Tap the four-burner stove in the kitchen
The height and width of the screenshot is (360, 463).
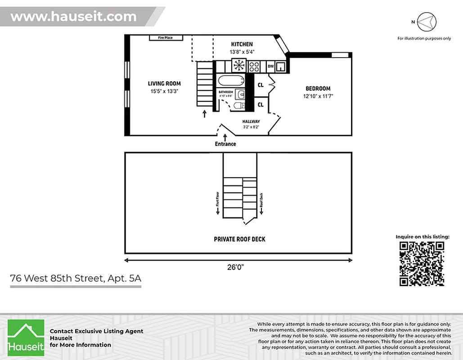(254, 67)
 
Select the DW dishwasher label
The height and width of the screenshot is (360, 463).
(270, 67)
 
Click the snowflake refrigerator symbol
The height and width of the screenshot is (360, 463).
(238, 66)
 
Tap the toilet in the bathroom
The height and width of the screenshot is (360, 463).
(239, 106)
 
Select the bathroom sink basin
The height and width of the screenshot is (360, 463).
(240, 94)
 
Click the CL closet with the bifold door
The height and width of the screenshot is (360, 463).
(261, 85)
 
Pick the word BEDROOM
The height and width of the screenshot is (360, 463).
(318, 89)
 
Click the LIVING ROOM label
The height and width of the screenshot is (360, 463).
(164, 83)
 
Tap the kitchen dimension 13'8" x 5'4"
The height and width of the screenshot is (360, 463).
(242, 52)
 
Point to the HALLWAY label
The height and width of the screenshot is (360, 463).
(251, 121)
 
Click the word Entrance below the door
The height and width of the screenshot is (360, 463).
(225, 144)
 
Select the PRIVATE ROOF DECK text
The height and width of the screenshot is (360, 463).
(239, 239)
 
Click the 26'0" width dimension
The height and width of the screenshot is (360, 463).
(238, 267)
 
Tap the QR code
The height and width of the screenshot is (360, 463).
(422, 263)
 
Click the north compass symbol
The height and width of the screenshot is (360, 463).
(427, 22)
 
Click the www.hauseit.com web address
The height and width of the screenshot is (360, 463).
(73, 17)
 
